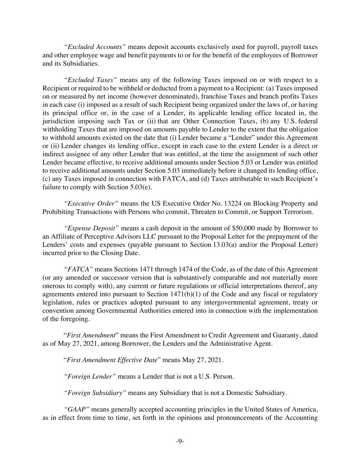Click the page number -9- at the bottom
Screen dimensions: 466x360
coord(180,441)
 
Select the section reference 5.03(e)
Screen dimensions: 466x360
coord(142,187)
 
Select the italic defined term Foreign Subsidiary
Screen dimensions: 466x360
coord(95,393)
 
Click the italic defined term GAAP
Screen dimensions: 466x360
coord(77,409)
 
